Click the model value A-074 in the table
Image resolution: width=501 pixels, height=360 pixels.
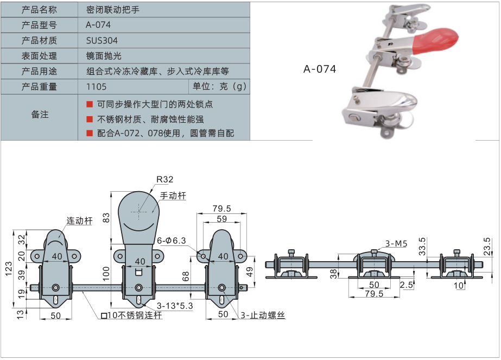[98, 25]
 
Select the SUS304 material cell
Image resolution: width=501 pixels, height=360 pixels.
[102, 40]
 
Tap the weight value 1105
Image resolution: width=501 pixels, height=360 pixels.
[96, 86]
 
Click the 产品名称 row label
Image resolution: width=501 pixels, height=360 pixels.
[39, 10]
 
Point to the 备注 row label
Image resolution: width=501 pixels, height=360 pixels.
[40, 115]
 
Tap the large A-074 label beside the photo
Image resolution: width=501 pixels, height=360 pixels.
[320, 69]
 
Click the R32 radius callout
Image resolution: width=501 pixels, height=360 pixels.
[164, 180]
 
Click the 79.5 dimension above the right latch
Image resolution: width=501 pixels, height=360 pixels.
[221, 209]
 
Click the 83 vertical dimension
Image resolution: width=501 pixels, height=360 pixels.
[106, 217]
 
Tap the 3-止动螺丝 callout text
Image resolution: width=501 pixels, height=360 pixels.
[262, 315]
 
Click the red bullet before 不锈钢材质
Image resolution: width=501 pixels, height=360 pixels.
[90, 118]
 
